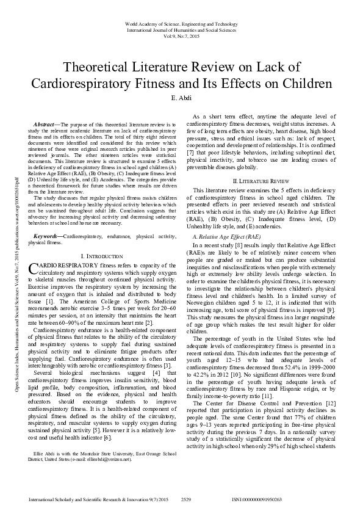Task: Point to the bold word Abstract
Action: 46,124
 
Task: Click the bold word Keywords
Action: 47,234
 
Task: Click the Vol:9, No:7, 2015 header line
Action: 181,35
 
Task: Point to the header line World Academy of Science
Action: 181,23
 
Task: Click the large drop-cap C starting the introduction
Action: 34,269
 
